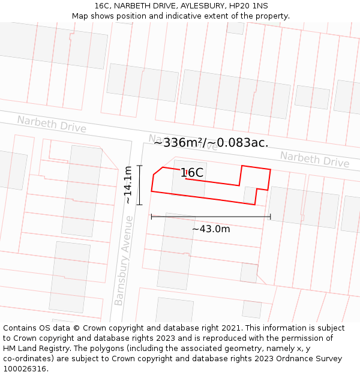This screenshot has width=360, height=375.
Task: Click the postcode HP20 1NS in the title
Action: click(x=244, y=5)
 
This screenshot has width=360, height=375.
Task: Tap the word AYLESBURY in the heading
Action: click(x=194, y=5)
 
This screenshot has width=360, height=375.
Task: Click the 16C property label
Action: click(x=192, y=173)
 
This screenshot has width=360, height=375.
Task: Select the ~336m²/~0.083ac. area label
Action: click(x=211, y=143)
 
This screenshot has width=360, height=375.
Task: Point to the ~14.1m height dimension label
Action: click(x=128, y=185)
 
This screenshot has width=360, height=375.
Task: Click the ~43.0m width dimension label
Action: click(x=211, y=229)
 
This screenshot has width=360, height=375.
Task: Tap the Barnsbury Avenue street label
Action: click(x=123, y=260)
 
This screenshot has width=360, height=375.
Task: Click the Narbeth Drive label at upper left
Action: click(x=52, y=124)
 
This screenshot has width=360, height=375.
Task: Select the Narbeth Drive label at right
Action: click(x=314, y=160)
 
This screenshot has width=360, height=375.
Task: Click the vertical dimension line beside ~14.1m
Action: click(x=140, y=185)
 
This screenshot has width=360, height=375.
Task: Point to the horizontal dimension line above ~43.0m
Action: click(x=211, y=217)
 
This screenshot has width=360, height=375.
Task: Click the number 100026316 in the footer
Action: click(x=25, y=368)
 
